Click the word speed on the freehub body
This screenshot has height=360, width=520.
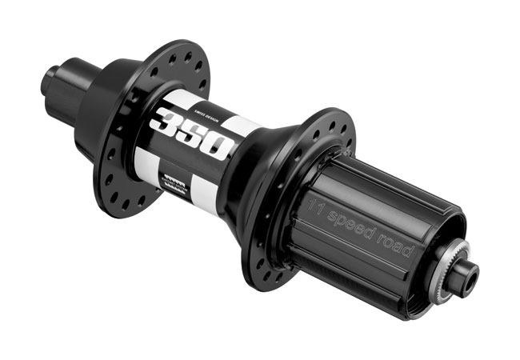tap(355, 218)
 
